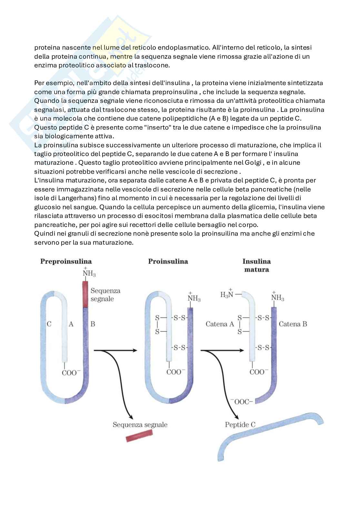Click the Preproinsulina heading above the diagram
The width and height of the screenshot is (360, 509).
66,261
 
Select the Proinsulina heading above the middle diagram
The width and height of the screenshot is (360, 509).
168,261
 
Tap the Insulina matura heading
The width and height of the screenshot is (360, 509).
256,265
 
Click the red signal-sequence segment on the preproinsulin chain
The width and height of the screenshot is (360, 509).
85,294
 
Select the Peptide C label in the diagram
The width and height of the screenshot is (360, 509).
240,425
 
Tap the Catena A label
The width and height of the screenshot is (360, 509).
220,324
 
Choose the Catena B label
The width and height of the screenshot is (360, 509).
293,324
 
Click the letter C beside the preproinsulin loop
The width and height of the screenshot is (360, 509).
49,324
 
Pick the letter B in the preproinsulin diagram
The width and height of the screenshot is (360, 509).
93,324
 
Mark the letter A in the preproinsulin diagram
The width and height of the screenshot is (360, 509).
71,324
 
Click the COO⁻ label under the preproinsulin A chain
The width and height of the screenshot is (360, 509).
69,373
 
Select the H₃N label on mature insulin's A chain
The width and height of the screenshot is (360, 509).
227,294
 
